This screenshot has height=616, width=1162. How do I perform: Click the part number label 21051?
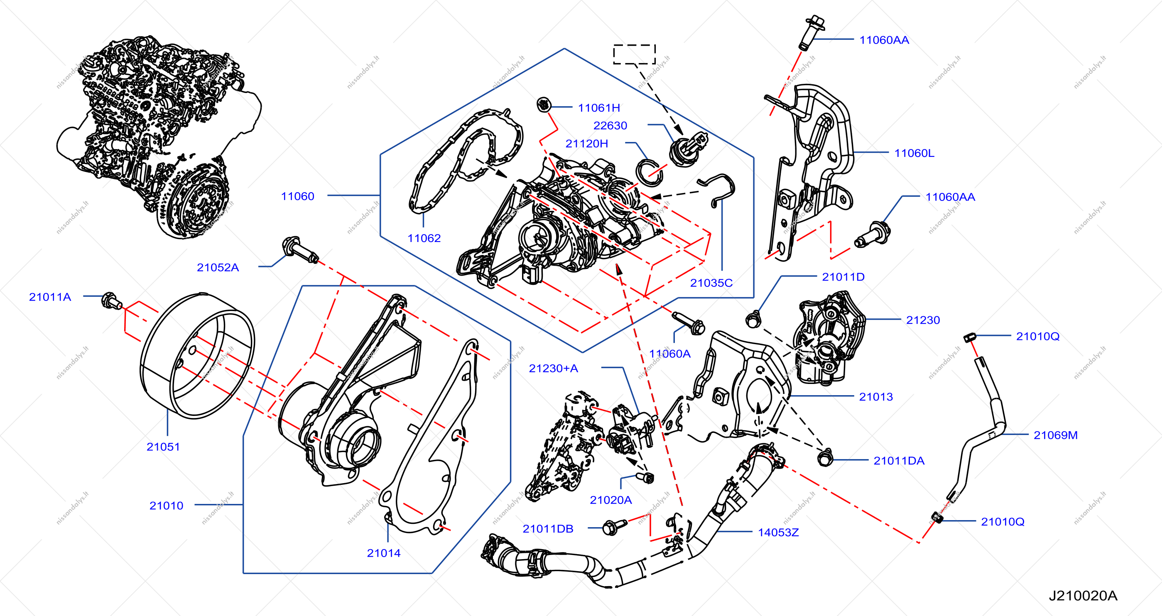[163, 447]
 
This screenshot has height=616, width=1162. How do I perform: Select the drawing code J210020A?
[1083, 596]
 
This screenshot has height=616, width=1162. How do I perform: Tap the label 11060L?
[914, 153]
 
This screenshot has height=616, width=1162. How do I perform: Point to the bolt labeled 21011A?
[111, 301]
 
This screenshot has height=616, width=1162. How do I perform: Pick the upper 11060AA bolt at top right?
[813, 32]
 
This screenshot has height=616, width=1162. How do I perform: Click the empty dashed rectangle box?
[634, 54]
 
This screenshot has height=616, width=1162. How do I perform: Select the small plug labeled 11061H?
[544, 105]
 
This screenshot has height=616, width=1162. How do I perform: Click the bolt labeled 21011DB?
[613, 527]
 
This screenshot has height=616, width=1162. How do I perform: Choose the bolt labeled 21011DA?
[825, 458]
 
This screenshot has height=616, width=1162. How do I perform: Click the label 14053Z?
[778, 532]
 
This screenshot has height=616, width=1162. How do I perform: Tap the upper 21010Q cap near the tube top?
[970, 337]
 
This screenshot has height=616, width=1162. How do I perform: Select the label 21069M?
[1055, 435]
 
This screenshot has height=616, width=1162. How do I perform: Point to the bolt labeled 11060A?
[689, 323]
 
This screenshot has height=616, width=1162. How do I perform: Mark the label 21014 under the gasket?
[383, 553]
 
